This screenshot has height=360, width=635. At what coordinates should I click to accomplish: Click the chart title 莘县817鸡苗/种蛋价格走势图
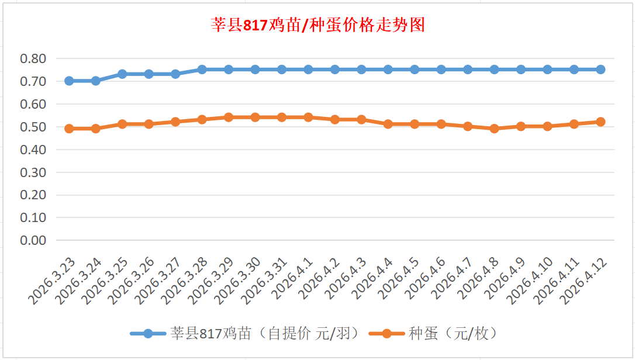click(317, 25)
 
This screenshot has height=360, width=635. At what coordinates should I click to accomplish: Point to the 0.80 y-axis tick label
click(33, 58)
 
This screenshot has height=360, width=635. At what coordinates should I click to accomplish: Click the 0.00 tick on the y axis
click(33, 240)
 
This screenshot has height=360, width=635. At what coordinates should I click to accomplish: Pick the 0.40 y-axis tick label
click(33, 150)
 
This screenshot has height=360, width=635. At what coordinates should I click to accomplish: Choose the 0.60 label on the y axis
click(33, 104)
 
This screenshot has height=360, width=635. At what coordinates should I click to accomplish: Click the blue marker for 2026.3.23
click(69, 81)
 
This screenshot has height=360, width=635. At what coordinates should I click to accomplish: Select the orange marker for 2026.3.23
click(69, 129)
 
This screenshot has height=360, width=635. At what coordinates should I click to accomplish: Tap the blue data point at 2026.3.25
click(122, 74)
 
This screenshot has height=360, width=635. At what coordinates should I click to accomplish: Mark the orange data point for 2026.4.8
click(494, 129)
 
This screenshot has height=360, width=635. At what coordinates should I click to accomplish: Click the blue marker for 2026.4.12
click(601, 70)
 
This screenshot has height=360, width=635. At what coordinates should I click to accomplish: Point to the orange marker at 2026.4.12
click(601, 122)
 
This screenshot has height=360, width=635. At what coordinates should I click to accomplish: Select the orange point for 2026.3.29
click(229, 117)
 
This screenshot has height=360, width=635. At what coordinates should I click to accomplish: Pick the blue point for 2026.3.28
click(202, 70)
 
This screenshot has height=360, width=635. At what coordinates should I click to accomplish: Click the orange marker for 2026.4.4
click(388, 124)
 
